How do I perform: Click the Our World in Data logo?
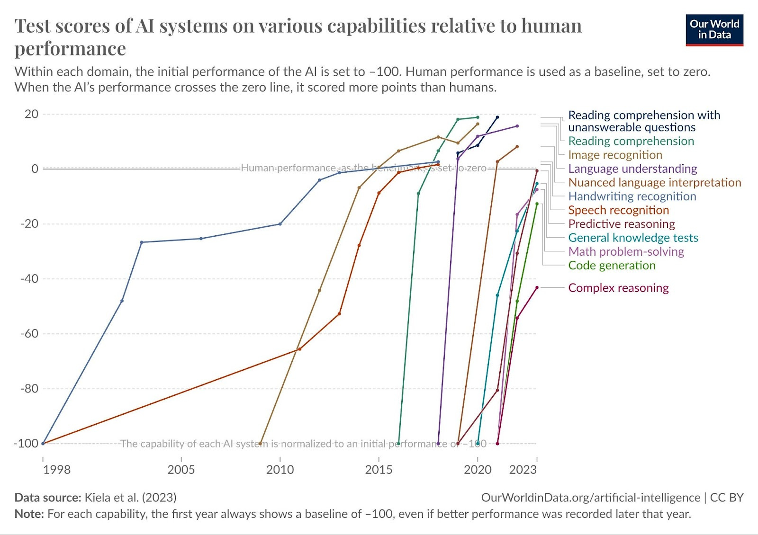[x=714, y=30]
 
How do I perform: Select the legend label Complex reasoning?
[x=618, y=288]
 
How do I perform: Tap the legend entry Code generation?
[x=612, y=266]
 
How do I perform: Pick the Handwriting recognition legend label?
[x=632, y=196]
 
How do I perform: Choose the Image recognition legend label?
[x=615, y=155]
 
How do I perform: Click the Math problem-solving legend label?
[x=626, y=251]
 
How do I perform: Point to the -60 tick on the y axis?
[x=29, y=334]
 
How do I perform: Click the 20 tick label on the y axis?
[x=31, y=114]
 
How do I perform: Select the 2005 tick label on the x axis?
[x=181, y=470]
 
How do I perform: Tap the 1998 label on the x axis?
[x=57, y=470]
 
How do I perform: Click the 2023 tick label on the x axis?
[x=523, y=470]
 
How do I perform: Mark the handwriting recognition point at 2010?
[x=280, y=224]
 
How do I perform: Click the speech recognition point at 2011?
[x=299, y=349]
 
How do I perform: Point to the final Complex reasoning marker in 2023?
[x=537, y=287]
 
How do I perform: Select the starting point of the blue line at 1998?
[x=43, y=443]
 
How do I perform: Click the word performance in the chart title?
[x=70, y=49]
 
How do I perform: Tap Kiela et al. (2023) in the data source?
[x=130, y=498]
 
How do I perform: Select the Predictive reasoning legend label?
[x=621, y=224]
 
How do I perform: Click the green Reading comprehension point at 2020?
[x=478, y=117]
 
